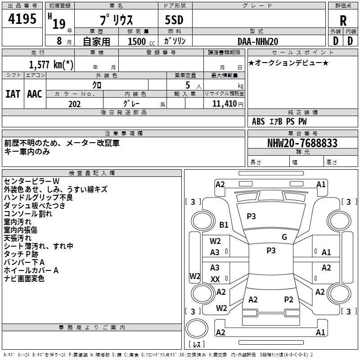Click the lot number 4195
click(x=22, y=18)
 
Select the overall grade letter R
click(x=343, y=21)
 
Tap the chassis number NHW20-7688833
click(x=302, y=143)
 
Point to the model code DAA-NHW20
click(x=257, y=41)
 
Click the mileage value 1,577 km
click(x=51, y=64)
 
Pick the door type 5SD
click(x=174, y=20)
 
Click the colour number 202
click(x=74, y=104)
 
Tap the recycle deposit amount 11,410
click(x=224, y=104)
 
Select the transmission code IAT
click(x=13, y=94)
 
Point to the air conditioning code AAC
click(x=35, y=94)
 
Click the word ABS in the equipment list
click(x=258, y=121)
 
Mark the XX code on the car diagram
click(x=215, y=279)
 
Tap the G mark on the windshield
click(x=284, y=237)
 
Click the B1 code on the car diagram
click(x=224, y=225)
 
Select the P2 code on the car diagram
click(x=288, y=300)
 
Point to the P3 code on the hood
click(x=251, y=216)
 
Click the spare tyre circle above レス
click(x=197, y=328)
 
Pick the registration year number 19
click(x=59, y=24)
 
